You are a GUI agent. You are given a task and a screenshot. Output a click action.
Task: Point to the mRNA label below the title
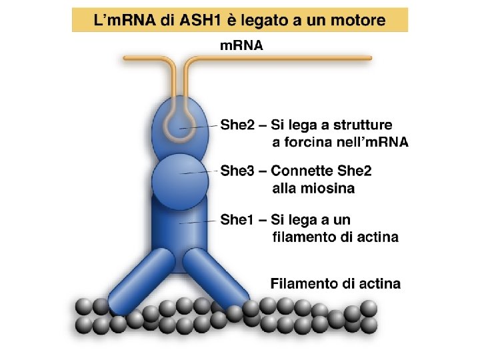[x=241, y=47]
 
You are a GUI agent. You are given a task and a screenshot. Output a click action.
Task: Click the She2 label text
[x=235, y=125]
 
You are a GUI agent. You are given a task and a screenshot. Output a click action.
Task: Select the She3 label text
[x=235, y=171]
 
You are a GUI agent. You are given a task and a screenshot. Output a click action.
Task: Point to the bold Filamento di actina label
[x=335, y=284]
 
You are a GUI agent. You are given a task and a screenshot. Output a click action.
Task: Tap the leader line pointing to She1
[x=200, y=221]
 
